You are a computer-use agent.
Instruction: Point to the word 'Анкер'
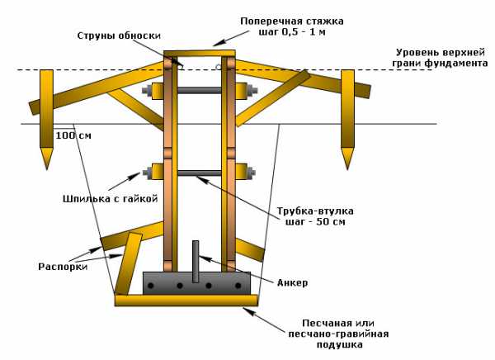(x=292, y=283)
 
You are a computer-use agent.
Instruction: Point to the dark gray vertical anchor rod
(x=196, y=261)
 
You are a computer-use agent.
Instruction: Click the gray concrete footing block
(x=196, y=283)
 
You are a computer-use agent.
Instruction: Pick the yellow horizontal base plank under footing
(x=186, y=301)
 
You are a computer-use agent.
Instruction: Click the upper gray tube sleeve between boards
(x=199, y=89)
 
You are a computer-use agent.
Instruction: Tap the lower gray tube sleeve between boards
(x=199, y=173)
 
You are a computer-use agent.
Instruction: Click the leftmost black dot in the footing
(x=155, y=287)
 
